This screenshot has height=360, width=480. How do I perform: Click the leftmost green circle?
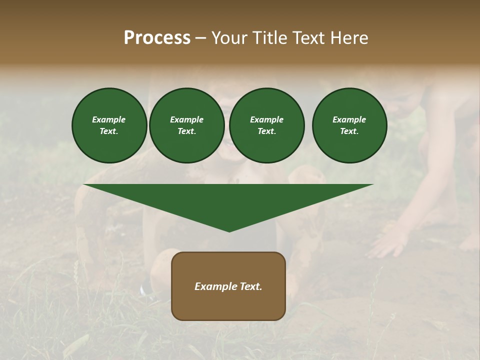tap(109, 125)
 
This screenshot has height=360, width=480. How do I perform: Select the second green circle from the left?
tap(187, 125)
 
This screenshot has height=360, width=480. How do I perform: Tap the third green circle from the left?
tap(267, 125)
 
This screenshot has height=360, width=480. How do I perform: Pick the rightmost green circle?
tap(349, 125)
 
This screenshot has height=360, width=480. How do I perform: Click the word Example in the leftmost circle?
tap(109, 119)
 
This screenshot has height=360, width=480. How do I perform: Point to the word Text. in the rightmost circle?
tap(349, 131)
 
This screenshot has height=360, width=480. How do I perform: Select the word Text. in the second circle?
tap(187, 131)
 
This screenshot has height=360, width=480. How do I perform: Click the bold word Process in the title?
tap(157, 38)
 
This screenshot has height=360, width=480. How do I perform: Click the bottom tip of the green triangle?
tap(229, 230)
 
